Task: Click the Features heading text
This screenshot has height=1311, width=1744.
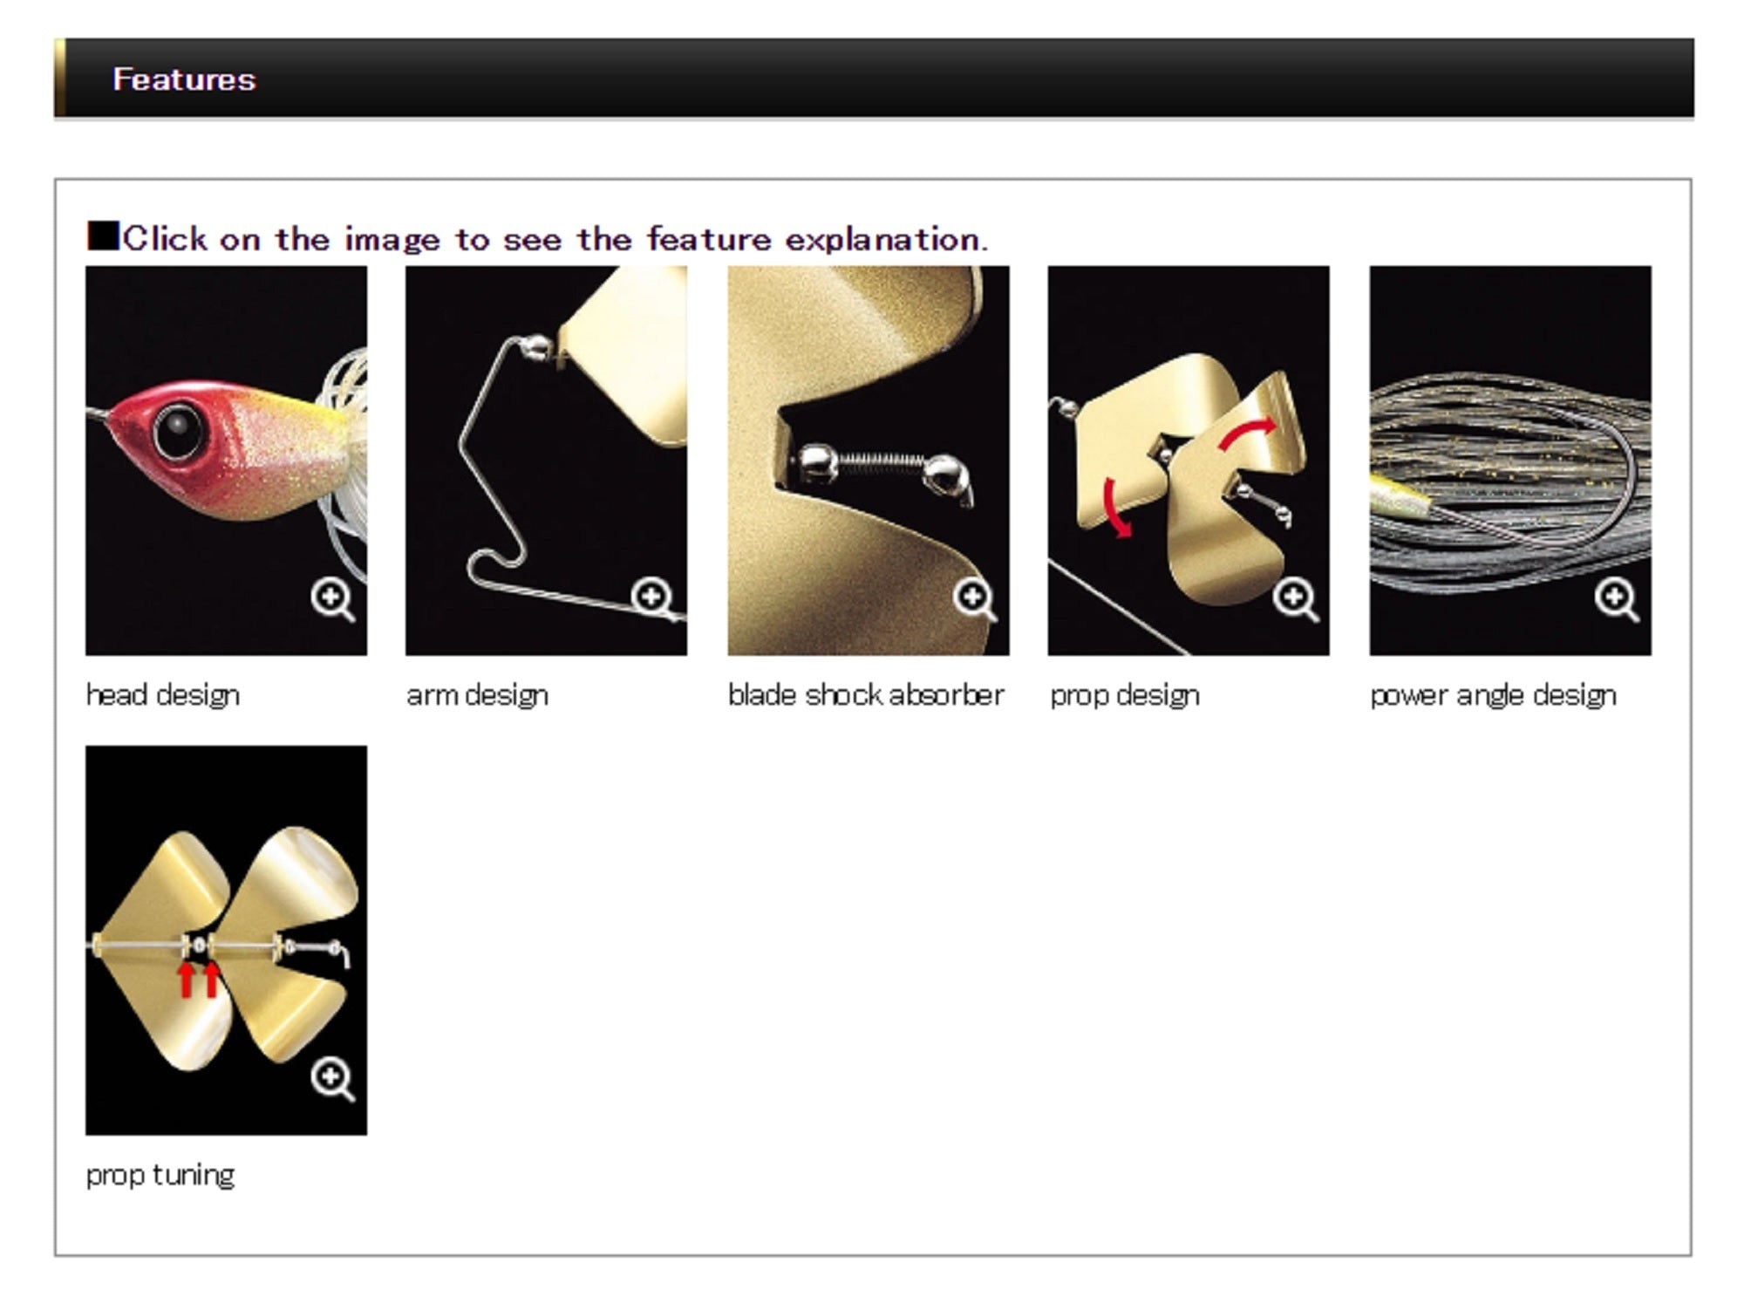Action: coord(184,79)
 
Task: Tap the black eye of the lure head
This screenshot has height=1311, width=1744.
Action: coord(179,430)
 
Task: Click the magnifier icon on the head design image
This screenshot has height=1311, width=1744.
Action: coord(332,599)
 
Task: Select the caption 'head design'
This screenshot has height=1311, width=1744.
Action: coord(163,695)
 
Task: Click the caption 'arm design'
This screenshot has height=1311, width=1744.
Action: coord(478,695)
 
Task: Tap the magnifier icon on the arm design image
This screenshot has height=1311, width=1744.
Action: coord(653,599)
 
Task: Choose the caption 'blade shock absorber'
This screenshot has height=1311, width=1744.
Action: coord(866,695)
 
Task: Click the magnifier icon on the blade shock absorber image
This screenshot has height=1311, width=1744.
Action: coord(975,599)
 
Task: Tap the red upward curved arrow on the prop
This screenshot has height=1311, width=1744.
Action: coord(1247,434)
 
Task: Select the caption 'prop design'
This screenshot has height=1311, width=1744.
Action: coord(1125,695)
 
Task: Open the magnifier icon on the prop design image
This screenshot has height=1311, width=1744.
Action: coord(1296,599)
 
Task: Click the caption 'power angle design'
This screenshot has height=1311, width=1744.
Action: coord(1493,695)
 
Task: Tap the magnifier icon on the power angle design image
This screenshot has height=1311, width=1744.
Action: coord(1617,599)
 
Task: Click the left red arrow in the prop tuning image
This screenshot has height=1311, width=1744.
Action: coord(186,979)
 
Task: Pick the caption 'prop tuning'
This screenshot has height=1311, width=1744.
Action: coord(160,1175)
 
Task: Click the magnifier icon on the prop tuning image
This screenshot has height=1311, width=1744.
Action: coord(332,1079)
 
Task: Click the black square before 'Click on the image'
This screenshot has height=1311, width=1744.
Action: coord(103,236)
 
